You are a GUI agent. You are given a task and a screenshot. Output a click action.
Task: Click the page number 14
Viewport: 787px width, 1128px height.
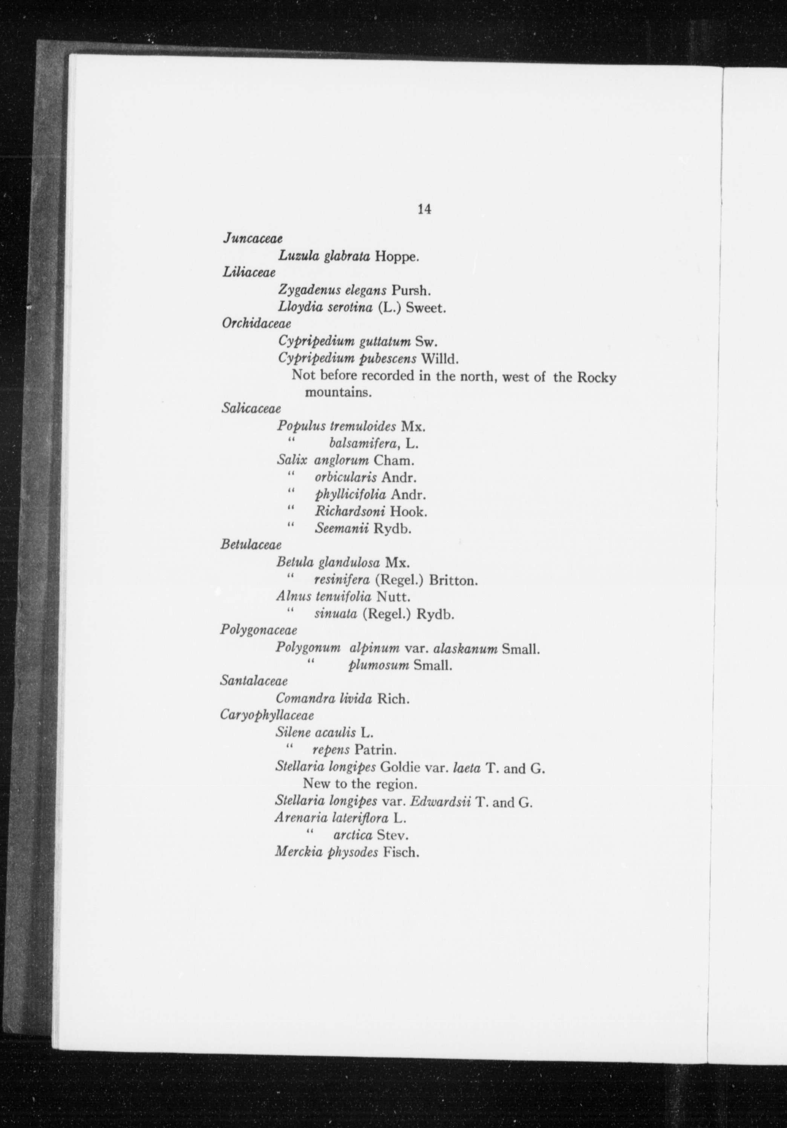(424, 209)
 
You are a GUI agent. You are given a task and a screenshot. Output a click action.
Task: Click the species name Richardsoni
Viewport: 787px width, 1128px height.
(350, 512)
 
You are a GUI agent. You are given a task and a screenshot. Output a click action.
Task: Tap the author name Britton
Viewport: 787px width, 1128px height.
(453, 580)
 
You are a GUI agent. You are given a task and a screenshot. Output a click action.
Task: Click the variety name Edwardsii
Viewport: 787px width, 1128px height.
(441, 802)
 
